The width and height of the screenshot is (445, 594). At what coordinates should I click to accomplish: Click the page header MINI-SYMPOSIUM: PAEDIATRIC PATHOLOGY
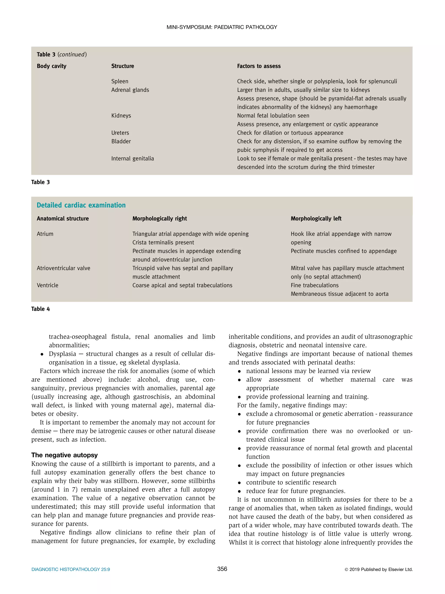click(x=222, y=27)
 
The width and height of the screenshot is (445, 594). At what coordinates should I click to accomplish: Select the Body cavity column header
click(x=51, y=66)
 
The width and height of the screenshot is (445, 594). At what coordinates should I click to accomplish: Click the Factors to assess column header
click(x=259, y=66)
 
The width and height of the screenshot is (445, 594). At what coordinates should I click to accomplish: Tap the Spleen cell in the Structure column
click(x=120, y=81)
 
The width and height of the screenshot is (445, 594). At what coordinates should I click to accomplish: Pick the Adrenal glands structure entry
click(x=130, y=90)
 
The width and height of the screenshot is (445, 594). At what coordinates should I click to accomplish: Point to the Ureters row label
click(x=120, y=133)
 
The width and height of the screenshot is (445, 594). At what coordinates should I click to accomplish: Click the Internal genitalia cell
click(x=133, y=159)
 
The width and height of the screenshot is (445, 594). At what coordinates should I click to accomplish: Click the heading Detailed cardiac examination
click(x=81, y=205)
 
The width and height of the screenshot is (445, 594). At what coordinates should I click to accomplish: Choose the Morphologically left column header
click(x=316, y=219)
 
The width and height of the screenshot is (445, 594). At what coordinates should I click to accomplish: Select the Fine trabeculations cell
click(x=314, y=285)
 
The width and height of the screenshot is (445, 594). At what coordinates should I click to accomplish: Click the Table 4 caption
click(x=40, y=309)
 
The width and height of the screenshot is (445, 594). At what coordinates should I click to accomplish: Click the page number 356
click(x=222, y=569)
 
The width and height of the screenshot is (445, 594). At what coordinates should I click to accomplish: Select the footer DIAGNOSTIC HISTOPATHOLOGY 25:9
click(x=71, y=569)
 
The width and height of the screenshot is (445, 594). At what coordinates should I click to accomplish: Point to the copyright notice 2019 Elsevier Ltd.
click(x=379, y=569)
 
